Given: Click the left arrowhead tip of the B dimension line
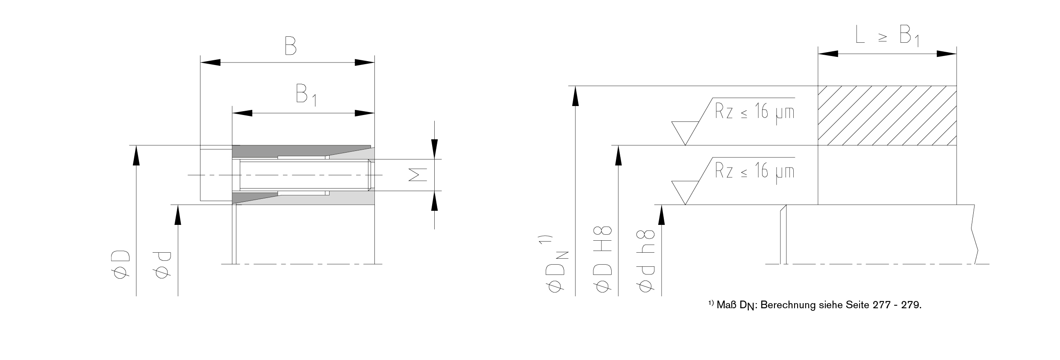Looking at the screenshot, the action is coord(201,62).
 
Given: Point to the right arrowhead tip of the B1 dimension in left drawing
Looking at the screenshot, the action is coord(374,113).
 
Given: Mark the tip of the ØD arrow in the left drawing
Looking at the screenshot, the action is coord(136,145).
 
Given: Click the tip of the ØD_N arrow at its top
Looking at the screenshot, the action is coord(575,86).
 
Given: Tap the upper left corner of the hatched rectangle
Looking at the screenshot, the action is coord(818,86).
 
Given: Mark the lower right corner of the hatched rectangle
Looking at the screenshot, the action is coord(957,145).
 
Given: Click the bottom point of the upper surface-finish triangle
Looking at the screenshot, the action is coord(685,145).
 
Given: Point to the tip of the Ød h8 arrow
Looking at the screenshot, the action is coord(662,205).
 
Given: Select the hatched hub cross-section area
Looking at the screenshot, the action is coord(887,116).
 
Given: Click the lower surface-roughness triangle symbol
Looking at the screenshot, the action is coord(685,193).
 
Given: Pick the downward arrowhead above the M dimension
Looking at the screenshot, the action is coord(434,149).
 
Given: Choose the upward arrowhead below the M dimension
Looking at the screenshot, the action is coord(434,201).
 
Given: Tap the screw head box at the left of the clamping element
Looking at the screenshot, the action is coord(216,175).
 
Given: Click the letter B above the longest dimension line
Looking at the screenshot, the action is coord(291,46).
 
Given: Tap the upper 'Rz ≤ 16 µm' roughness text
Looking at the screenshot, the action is coord(755,112).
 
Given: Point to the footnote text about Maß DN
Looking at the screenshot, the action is coord(815,305).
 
